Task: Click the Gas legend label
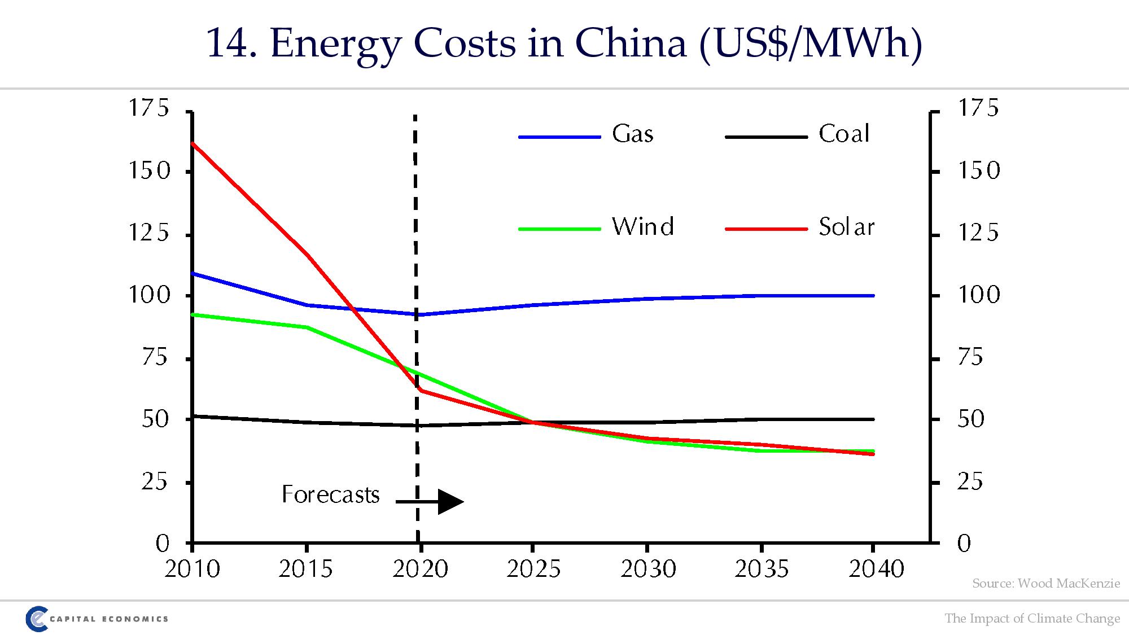tap(632, 134)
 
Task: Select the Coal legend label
tap(844, 134)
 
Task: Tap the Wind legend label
tap(642, 227)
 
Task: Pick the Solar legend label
tap(846, 227)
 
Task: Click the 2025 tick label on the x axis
tap(533, 569)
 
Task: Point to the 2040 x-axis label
tap(876, 569)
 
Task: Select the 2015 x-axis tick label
tap(305, 569)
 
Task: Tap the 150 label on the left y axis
tap(149, 171)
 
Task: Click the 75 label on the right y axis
tap(970, 358)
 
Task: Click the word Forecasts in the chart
tap(330, 495)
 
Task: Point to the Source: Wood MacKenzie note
tap(1045, 584)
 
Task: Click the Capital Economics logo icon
tap(37, 619)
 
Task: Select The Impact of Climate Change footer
tap(1032, 619)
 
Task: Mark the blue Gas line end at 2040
tap(873, 296)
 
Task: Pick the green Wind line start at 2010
tap(193, 314)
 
